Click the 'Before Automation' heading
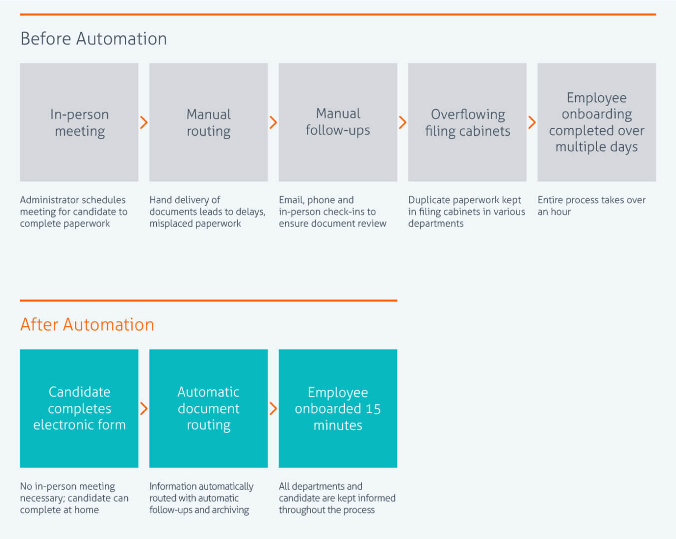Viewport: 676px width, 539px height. (94, 39)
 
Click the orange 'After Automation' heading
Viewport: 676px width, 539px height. (87, 325)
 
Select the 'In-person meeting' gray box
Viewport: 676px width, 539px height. (79, 122)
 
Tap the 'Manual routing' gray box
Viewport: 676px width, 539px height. (209, 122)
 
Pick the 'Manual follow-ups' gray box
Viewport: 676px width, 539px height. (338, 122)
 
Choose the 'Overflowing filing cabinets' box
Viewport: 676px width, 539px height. (467, 122)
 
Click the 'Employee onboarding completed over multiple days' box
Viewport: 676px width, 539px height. (597, 122)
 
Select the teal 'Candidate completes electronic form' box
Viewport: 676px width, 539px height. (79, 408)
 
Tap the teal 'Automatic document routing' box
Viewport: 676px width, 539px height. (209, 408)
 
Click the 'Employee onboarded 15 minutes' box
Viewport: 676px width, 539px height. (338, 408)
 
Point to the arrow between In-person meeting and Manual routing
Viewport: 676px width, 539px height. (144, 122)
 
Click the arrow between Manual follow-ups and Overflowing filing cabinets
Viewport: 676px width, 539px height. (402, 122)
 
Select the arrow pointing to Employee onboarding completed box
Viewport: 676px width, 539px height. (532, 122)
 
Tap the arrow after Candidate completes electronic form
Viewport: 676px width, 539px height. (144, 408)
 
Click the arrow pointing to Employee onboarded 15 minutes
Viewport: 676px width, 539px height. (273, 408)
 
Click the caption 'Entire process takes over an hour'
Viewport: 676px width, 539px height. (591, 206)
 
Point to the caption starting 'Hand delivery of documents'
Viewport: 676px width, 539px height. (207, 212)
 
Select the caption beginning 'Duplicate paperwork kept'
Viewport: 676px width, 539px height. (466, 212)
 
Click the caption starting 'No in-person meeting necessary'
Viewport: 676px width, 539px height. (74, 498)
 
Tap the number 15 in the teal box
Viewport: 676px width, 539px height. (373, 409)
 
